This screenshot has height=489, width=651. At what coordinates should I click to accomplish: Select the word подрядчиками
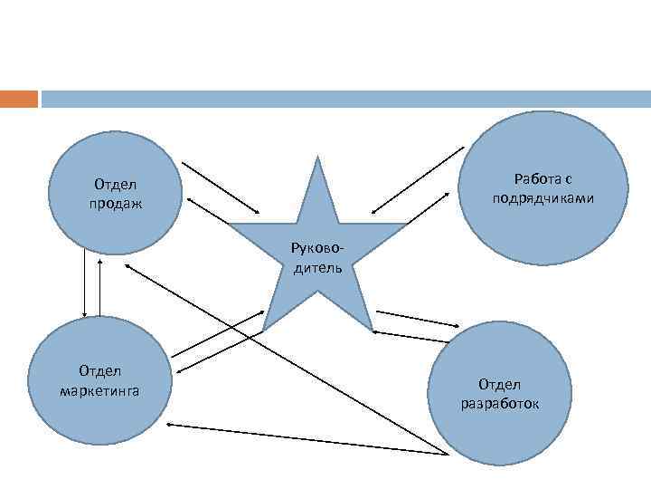click(543, 197)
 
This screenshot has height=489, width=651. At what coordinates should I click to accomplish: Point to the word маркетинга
click(99, 390)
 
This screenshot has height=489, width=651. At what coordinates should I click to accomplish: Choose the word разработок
click(499, 403)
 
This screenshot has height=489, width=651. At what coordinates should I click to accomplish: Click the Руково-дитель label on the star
click(316, 256)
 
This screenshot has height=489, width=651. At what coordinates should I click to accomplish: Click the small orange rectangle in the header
click(19, 99)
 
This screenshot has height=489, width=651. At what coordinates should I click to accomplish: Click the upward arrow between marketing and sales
click(99, 284)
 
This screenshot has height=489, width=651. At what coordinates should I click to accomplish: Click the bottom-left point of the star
click(264, 327)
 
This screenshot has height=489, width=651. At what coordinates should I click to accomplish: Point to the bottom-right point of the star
click(370, 327)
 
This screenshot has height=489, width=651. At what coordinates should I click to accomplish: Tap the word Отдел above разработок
click(500, 386)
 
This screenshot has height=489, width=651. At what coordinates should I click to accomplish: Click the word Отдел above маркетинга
click(99, 371)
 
